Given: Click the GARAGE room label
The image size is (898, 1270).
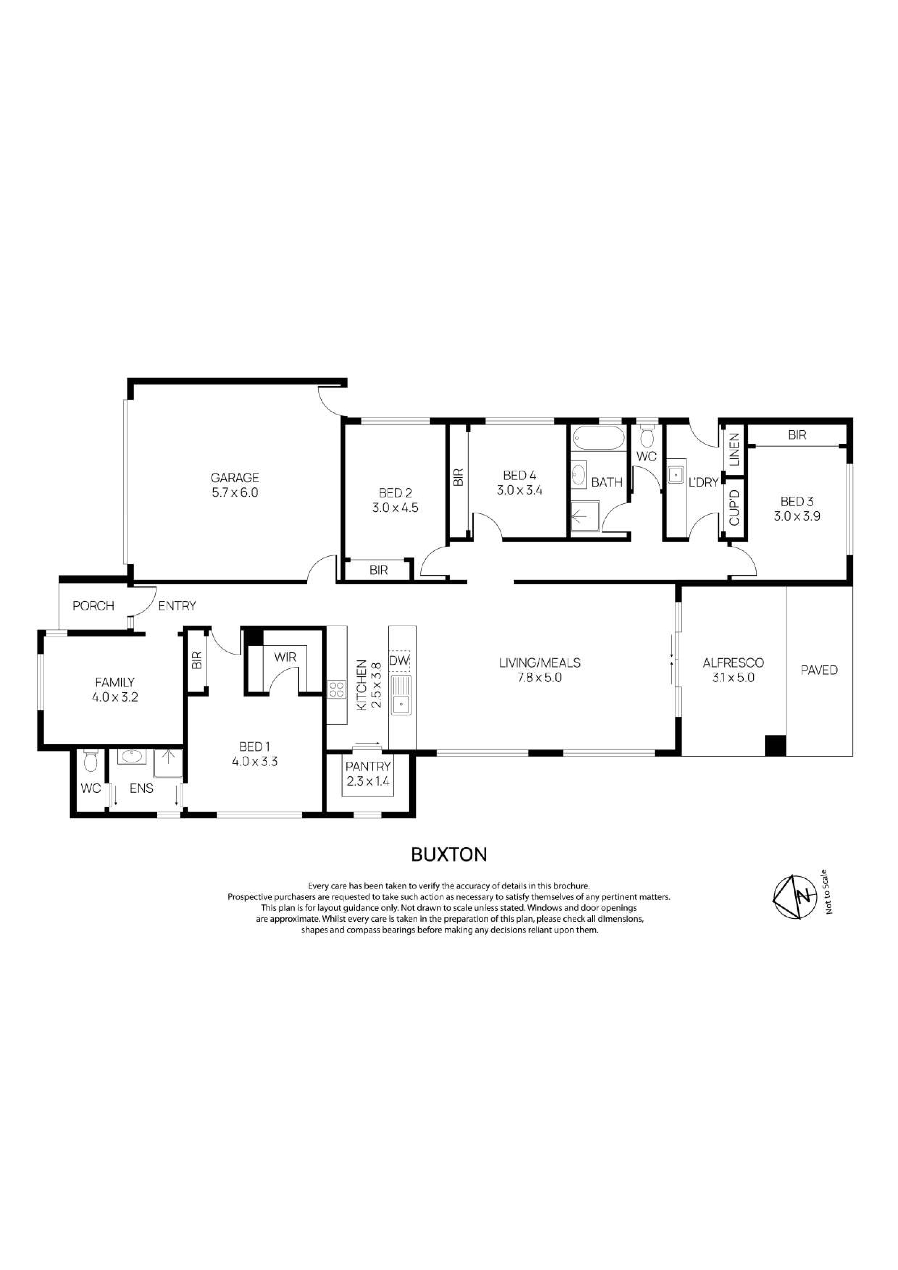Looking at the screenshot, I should pos(235,478).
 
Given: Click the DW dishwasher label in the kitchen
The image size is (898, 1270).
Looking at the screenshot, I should pos(399,660).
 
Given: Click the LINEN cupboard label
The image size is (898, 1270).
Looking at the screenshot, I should pos(734,449).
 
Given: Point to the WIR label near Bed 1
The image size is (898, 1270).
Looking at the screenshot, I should pos(285,657).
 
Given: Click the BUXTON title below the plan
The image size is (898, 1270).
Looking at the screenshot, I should pos(449,855).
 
